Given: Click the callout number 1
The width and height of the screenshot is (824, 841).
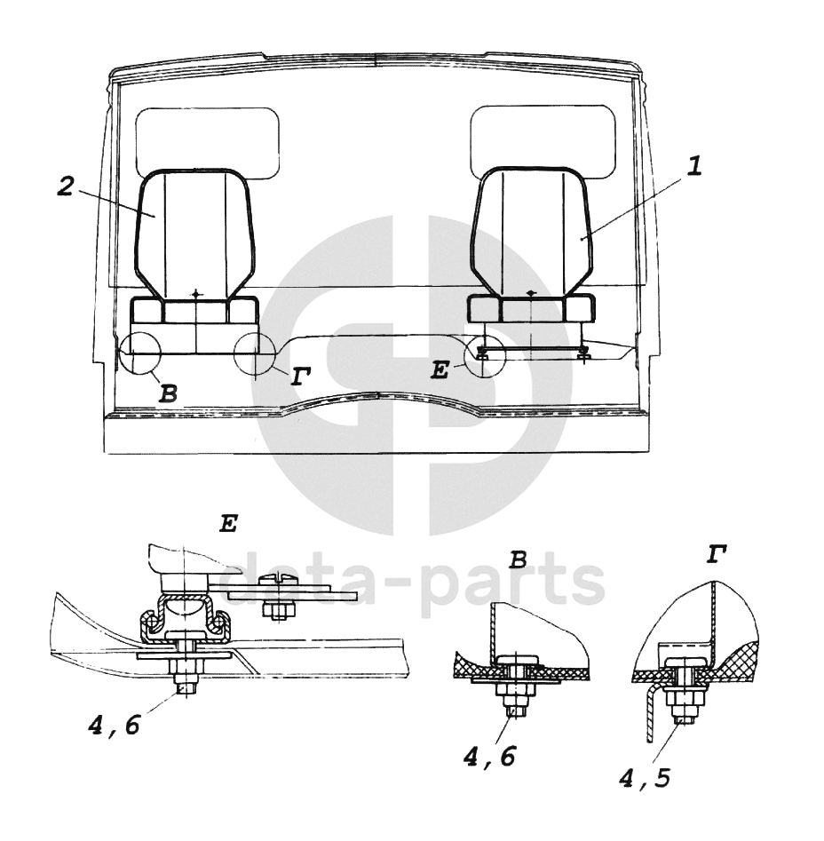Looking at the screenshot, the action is point(694,166).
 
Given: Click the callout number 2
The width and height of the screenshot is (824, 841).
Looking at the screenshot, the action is point(66,186).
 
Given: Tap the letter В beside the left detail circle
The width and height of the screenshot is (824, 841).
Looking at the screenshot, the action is point(168,394).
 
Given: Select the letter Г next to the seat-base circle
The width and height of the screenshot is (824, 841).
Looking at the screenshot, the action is point(301,377).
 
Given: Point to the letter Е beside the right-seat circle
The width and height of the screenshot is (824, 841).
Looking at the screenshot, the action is point(440,370).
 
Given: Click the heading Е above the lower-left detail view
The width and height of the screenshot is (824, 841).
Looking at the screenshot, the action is point(229,523).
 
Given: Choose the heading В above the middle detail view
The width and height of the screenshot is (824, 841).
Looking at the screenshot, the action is point(518,560).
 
